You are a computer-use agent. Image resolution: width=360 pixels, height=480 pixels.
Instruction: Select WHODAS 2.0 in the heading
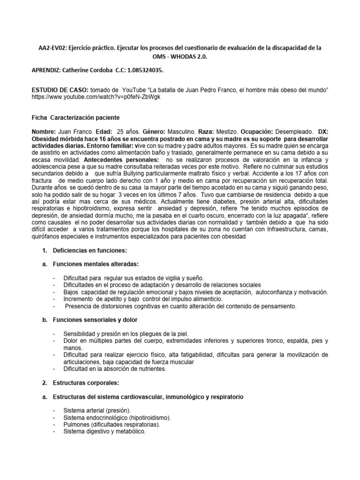click(186, 57)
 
